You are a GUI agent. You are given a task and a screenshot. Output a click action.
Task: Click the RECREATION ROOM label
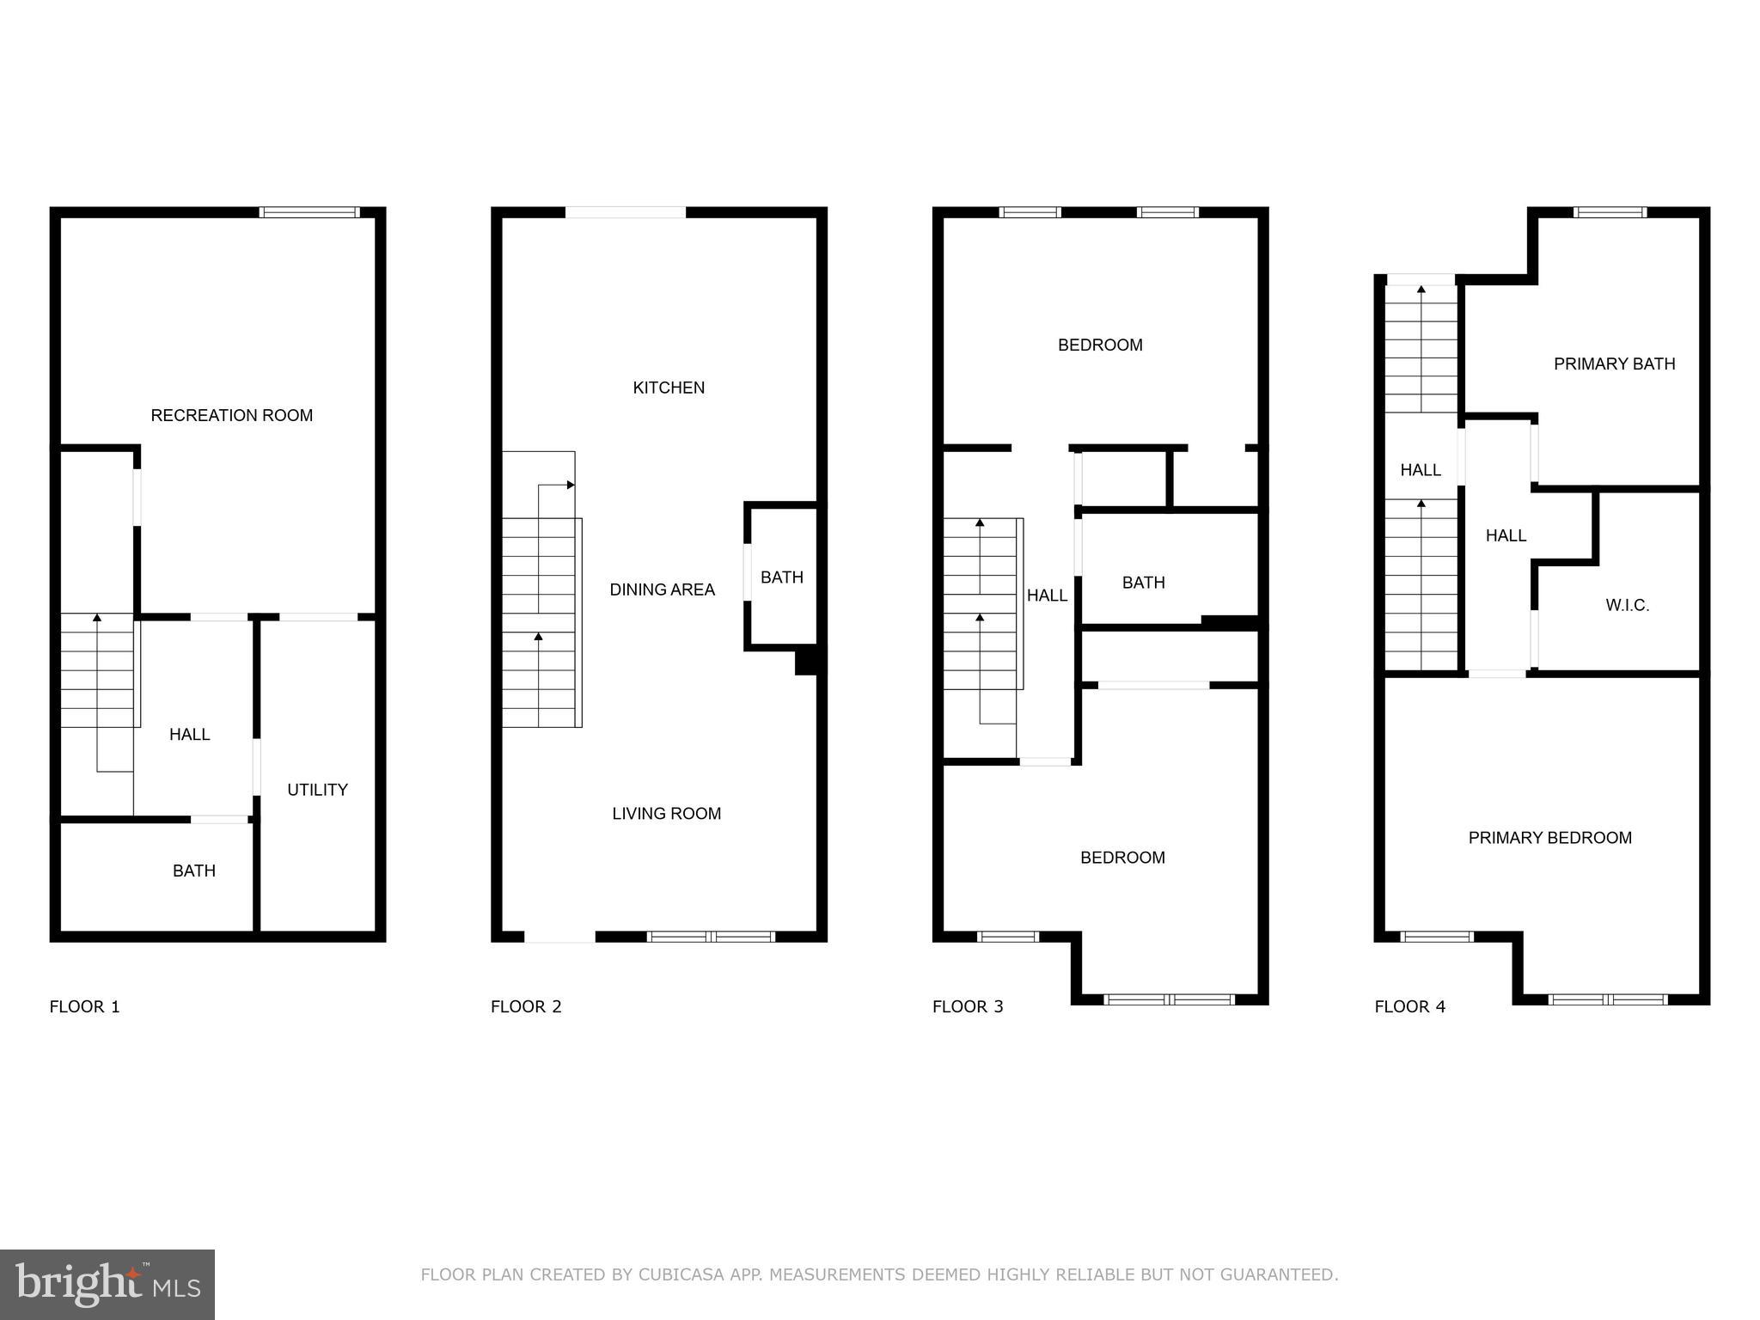pos(231,415)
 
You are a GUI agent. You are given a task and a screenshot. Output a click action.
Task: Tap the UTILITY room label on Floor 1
pos(317,790)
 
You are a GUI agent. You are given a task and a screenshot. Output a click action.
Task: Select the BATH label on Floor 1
pos(193,871)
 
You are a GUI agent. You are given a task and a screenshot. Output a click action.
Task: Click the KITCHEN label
pos(669,388)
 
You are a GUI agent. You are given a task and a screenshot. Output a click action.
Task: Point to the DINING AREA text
pos(662,590)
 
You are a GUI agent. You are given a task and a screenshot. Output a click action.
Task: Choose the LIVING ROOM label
pos(666,813)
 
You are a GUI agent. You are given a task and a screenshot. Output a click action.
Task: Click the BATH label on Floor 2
pos(781,577)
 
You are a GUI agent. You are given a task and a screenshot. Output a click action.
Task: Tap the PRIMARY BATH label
pos(1614,364)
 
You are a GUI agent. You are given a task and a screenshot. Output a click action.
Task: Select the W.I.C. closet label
pos(1627,605)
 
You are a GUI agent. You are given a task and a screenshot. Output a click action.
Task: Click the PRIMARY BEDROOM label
pos(1549,838)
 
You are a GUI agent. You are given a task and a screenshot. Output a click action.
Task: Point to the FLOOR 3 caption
pos(968,1006)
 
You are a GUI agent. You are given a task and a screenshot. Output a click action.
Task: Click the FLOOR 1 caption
pos(84,1006)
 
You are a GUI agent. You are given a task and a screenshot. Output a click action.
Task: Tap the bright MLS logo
pos(107,1284)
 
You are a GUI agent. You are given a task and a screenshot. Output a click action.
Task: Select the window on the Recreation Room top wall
pos(309,212)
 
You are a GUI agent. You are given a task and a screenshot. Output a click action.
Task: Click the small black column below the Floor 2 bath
pos(805,662)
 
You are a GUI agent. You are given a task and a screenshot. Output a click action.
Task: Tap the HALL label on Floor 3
pos(1047,596)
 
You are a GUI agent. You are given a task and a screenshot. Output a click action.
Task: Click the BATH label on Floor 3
pos(1143,583)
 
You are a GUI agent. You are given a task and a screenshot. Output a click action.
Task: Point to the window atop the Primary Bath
pos(1610,212)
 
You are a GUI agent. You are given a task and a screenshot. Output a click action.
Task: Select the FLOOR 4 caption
pos(1409,1006)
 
